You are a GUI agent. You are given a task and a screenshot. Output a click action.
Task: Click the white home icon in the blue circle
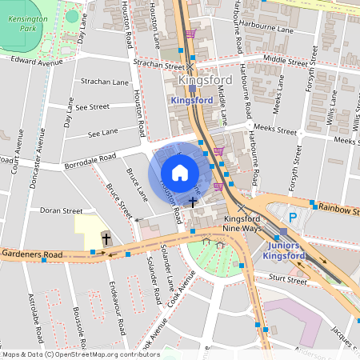coord(180,172)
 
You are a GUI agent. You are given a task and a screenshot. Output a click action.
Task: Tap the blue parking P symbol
coord(293,217)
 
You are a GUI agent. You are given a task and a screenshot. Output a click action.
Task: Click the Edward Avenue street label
coord(37,62)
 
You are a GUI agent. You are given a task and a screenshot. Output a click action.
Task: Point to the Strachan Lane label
coord(105,82)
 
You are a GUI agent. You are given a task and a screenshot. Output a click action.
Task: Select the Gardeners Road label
coord(31,254)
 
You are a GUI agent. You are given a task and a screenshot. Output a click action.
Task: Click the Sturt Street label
coord(288,281)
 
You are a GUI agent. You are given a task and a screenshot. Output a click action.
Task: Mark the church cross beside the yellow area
coord(106,238)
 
